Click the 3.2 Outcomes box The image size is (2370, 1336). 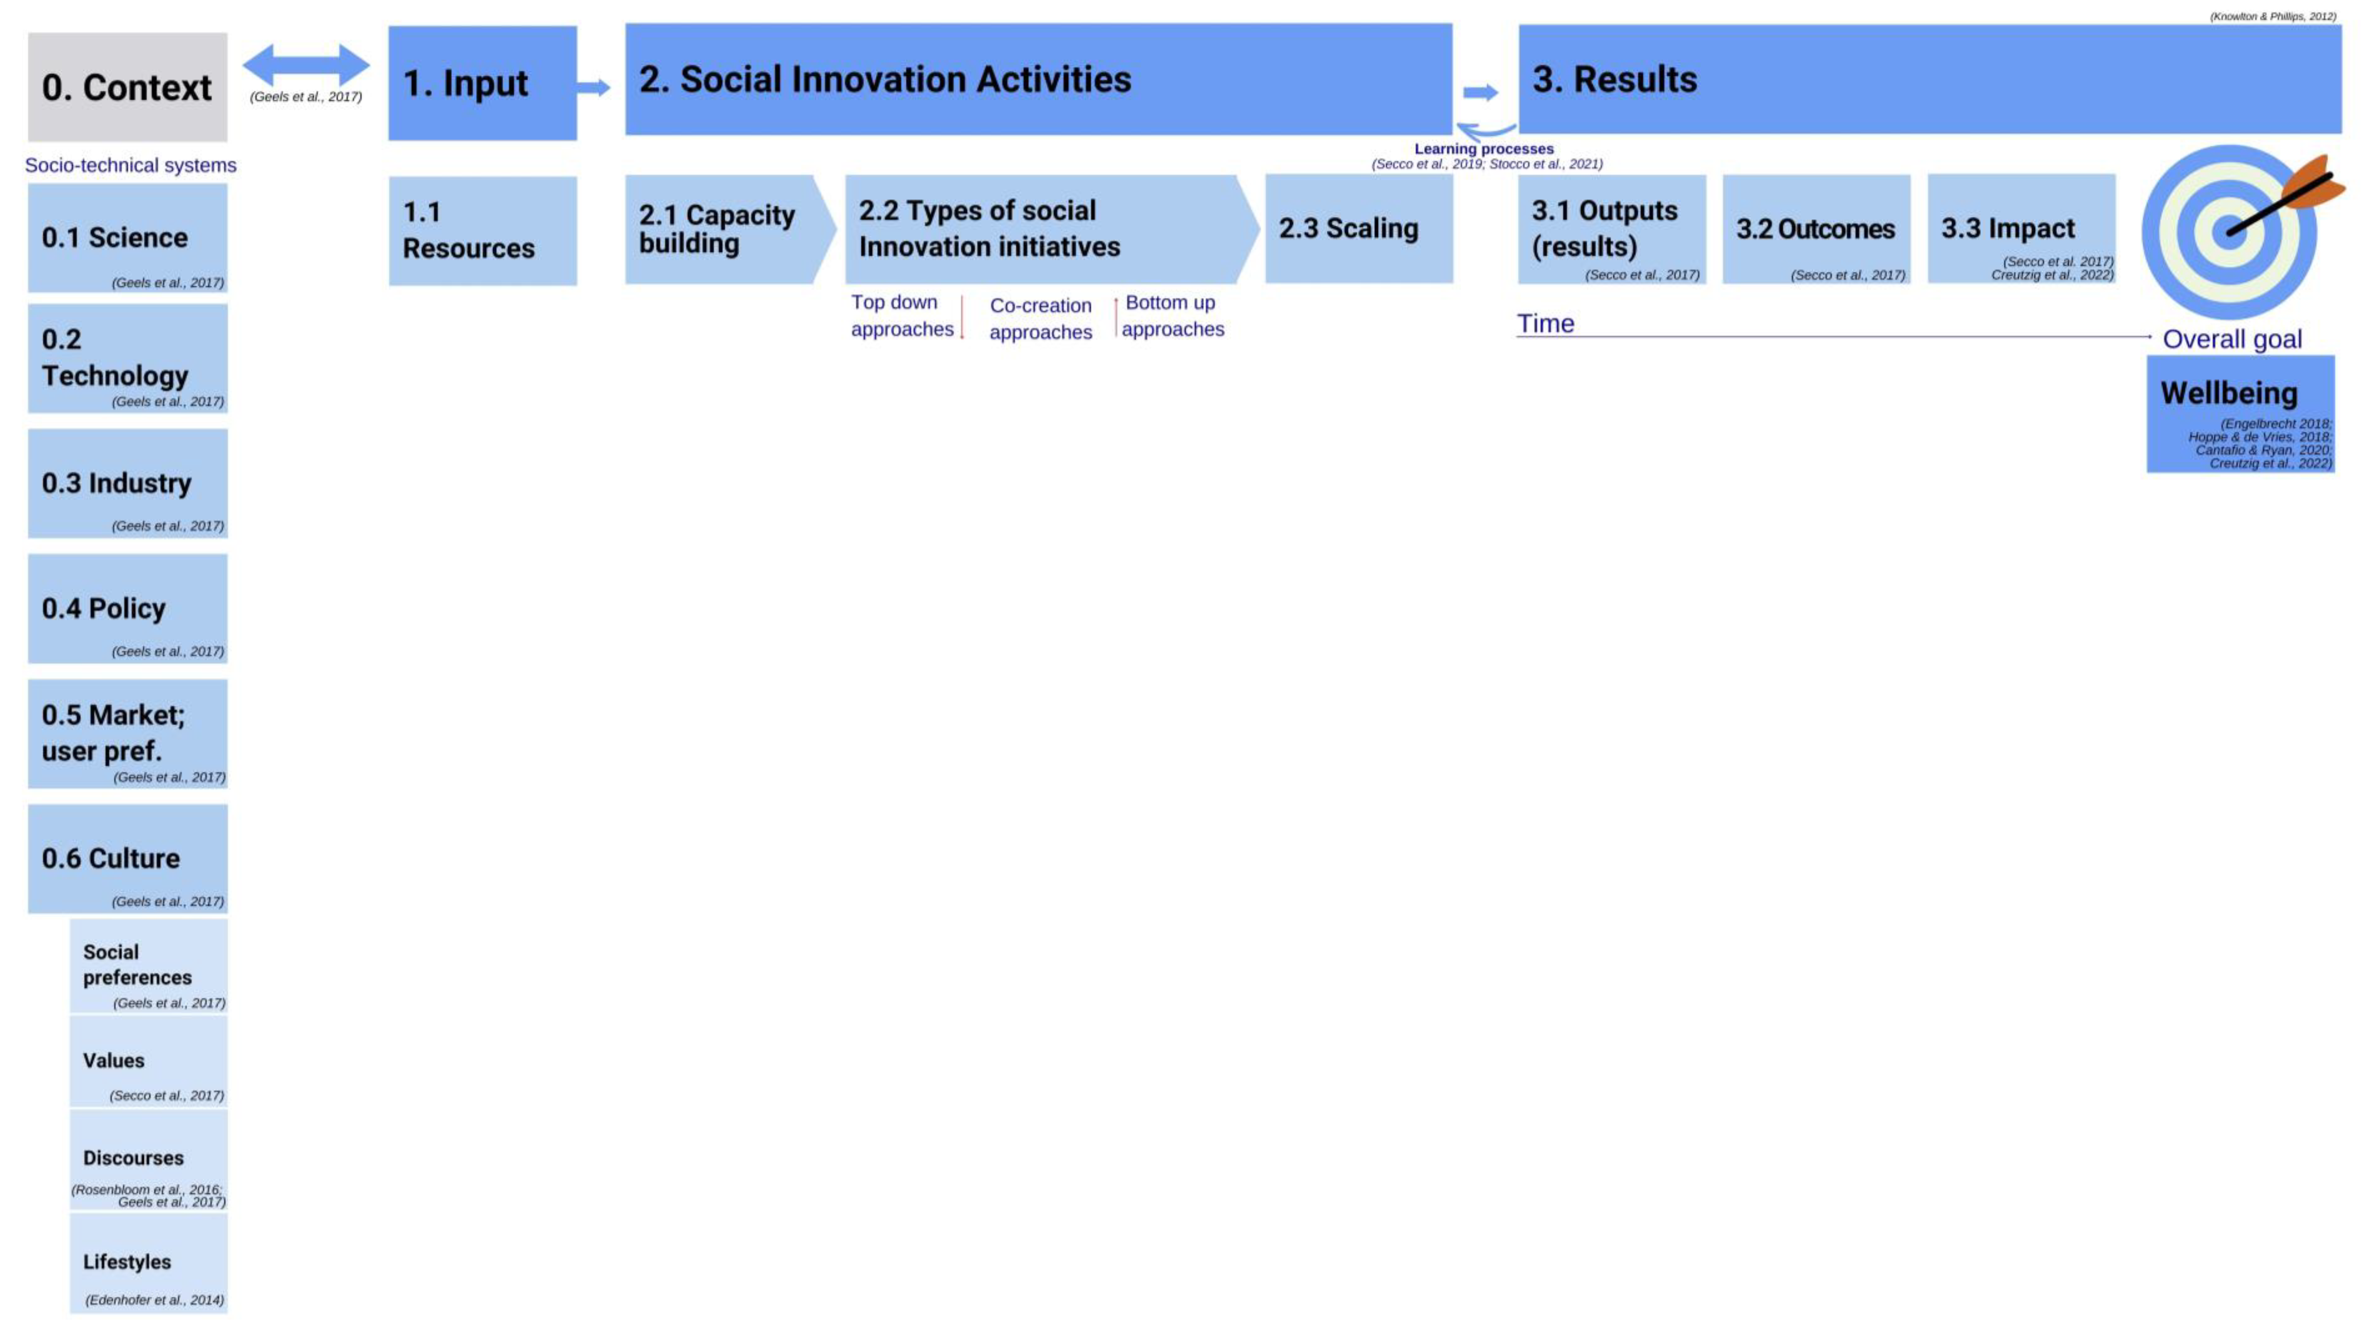pyautogui.click(x=1815, y=229)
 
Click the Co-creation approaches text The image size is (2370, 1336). pyautogui.click(x=1040, y=318)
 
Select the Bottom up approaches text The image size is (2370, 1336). pyautogui.click(x=1172, y=316)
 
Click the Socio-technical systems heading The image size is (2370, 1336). pyautogui.click(x=131, y=166)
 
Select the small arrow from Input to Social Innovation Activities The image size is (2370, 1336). pyautogui.click(x=594, y=87)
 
